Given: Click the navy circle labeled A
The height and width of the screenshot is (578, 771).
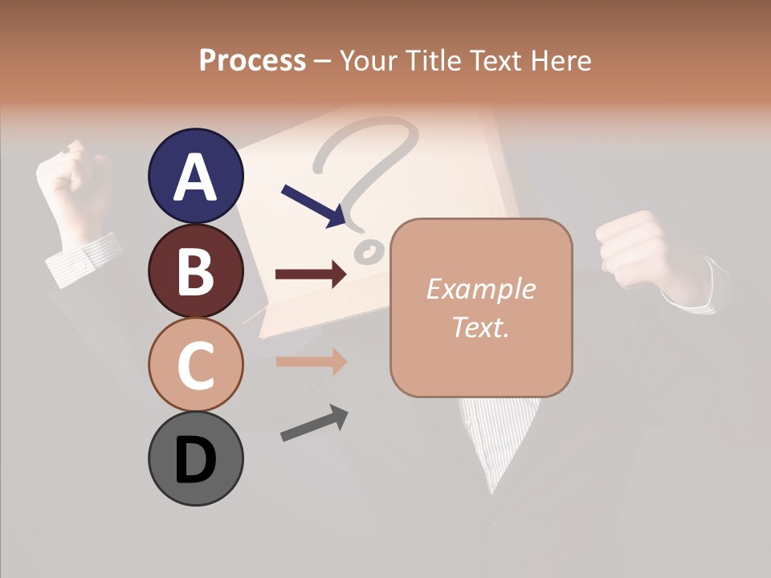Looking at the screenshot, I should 195,176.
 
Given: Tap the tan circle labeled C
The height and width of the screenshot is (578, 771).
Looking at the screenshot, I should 195,364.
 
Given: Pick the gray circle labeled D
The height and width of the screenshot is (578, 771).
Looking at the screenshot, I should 195,458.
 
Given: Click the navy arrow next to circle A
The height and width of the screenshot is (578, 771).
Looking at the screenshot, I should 314,206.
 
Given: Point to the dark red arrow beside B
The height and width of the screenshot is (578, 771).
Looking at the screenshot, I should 311,275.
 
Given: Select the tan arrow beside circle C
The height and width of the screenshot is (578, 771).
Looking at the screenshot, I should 311,361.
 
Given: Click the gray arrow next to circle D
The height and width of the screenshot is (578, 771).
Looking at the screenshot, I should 314,423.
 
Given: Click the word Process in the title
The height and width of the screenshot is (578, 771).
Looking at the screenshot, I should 252,60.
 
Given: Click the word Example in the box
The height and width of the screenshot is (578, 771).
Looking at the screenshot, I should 480,289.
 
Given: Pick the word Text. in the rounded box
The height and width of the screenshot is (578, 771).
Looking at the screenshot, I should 480,327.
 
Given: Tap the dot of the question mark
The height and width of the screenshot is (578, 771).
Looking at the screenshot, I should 370,252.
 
